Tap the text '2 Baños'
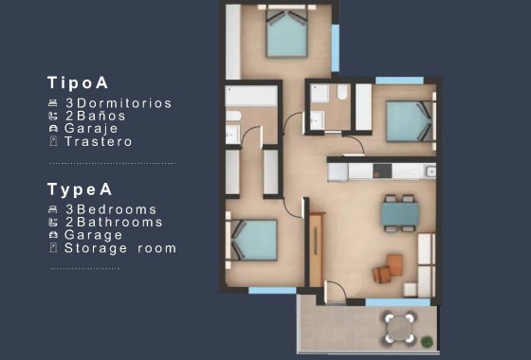[x=96, y=116]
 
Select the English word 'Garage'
[x=94, y=235]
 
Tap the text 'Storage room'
[x=120, y=248]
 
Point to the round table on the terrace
[x=399, y=328]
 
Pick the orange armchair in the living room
[x=383, y=272]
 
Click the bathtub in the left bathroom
[x=251, y=97]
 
